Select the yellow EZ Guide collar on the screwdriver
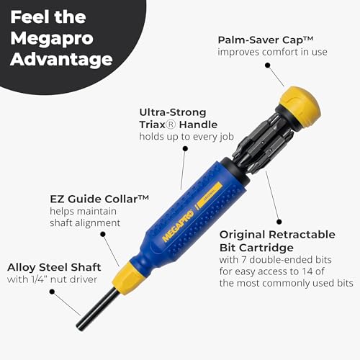132,273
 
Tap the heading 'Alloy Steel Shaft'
54,268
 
